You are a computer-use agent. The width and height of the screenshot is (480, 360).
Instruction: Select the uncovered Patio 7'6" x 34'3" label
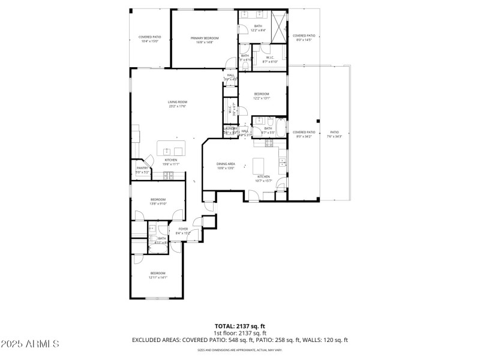point(334,134)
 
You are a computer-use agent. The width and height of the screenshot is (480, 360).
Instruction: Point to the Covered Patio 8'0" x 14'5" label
point(304,37)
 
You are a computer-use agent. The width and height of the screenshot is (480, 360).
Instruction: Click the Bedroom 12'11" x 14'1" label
point(158,275)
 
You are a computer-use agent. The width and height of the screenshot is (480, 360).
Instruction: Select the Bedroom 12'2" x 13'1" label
point(262,96)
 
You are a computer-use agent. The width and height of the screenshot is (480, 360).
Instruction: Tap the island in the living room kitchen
point(172,148)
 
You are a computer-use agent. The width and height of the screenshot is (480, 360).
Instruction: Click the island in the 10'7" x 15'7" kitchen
point(259,164)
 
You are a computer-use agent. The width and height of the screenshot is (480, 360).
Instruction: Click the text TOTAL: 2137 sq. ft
point(239,326)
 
